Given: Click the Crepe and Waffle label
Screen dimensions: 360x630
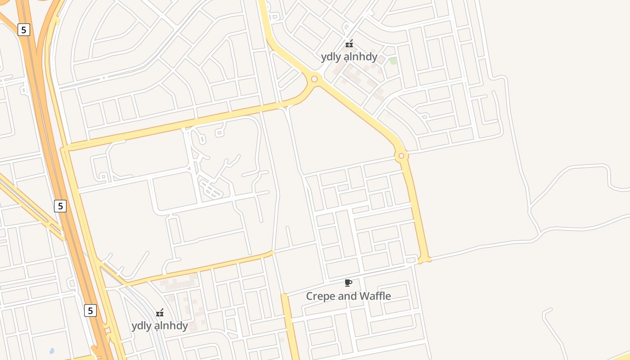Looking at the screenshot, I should tap(348, 296).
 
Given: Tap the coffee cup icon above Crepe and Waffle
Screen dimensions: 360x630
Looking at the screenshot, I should tap(348, 283).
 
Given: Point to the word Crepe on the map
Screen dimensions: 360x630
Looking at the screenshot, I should tap(319, 296).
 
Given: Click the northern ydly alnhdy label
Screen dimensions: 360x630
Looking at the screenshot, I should tap(349, 57).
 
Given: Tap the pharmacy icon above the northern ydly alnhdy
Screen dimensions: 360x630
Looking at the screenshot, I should tap(349, 44).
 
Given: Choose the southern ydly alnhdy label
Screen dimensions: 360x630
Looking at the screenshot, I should tap(159, 325).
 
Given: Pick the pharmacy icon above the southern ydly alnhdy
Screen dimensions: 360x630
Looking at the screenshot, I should tap(160, 313).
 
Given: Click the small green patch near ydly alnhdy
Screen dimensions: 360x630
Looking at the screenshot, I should tap(393, 61).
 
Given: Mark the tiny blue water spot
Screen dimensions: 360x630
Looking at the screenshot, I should tap(52, 351).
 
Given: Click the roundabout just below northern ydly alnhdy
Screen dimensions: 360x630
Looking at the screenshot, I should tap(314, 79).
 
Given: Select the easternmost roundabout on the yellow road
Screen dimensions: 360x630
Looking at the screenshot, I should tap(401, 156).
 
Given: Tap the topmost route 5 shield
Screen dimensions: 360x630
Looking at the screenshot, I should tap(24, 30).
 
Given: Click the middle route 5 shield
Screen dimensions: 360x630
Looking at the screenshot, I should tap(60, 206).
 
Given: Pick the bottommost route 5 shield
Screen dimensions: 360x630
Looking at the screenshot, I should tap(90, 310).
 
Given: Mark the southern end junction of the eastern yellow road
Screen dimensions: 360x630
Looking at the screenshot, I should tap(424, 259).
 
